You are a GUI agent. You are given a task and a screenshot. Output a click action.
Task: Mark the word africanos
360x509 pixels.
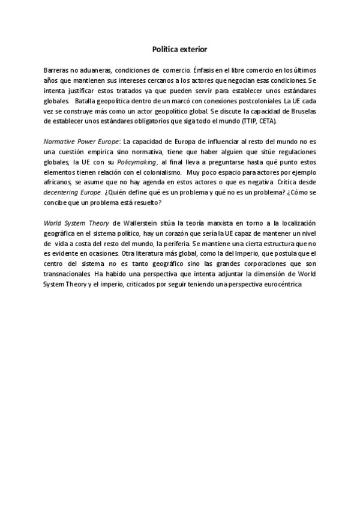(x=58, y=181)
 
